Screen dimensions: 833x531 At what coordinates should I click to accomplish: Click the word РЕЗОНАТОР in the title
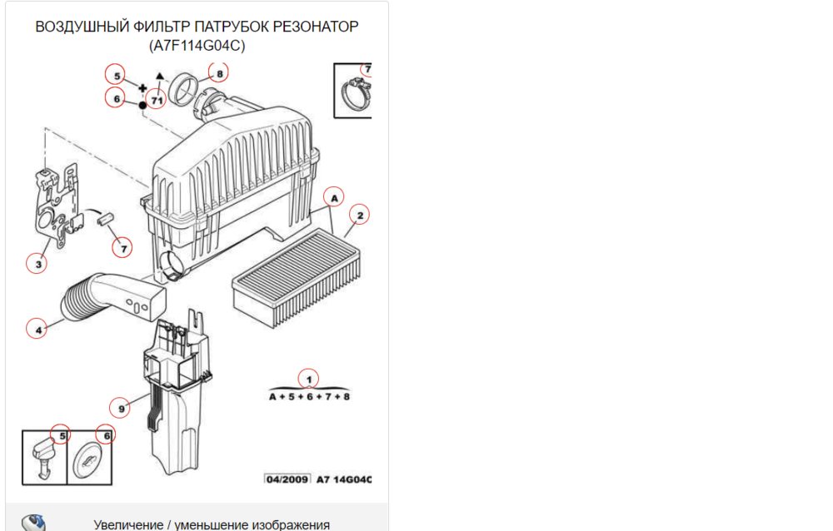coord(316,27)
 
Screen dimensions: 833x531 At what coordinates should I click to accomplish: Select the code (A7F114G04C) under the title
coord(197,46)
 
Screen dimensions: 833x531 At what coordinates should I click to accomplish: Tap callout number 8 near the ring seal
coord(219,73)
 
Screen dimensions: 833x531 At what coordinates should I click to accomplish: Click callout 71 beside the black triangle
coord(157,100)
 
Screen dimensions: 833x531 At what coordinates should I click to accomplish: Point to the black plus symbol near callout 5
coord(142,88)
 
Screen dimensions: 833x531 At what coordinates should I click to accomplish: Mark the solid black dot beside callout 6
coord(142,105)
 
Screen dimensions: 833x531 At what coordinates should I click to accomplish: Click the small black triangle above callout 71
coord(160,76)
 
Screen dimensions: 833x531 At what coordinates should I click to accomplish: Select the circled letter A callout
coord(334,198)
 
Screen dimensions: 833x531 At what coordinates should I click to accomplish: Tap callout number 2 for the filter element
coord(360,215)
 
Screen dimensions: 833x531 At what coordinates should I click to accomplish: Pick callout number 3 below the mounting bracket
coord(37,263)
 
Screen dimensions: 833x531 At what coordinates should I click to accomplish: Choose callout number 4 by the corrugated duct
coord(37,330)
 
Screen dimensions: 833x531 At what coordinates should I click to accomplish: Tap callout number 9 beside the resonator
coord(121,409)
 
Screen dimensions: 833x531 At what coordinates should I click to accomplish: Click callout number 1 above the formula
coord(309,380)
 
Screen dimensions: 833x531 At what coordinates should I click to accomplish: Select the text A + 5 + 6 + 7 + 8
coord(309,397)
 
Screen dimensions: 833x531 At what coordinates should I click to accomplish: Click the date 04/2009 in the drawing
coord(287,479)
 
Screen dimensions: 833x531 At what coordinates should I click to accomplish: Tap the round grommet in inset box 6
coord(87,460)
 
